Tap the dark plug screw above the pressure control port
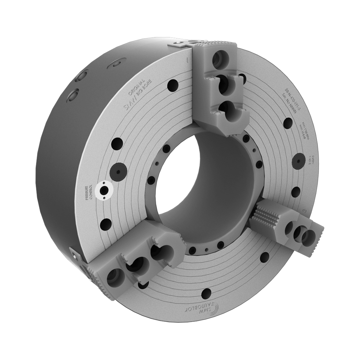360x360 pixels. tap(118, 169)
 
